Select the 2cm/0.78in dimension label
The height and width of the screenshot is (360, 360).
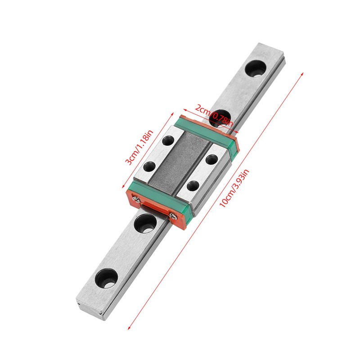point(213,114)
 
